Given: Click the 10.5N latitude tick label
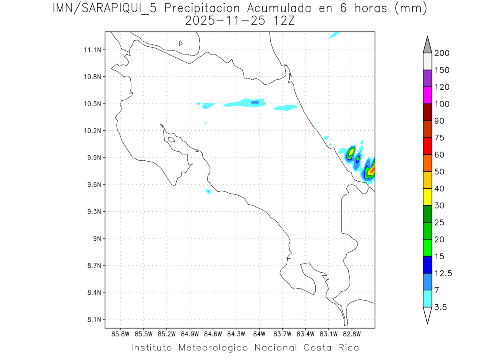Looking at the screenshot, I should click(92, 104).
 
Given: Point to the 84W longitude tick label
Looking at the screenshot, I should click(259, 334).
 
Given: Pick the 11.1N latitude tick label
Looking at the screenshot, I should click(92, 50).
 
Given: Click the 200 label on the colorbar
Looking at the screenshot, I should click(442, 53).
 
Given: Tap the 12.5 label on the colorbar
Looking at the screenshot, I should click(443, 273).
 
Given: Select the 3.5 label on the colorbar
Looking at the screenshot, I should click(441, 307).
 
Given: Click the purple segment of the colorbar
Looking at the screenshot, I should click(427, 78).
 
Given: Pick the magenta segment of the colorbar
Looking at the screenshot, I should click(427, 95).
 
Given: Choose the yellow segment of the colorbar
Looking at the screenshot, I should click(427, 197).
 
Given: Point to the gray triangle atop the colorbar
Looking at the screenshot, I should click(427, 45).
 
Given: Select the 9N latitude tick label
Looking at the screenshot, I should click(96, 238).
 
